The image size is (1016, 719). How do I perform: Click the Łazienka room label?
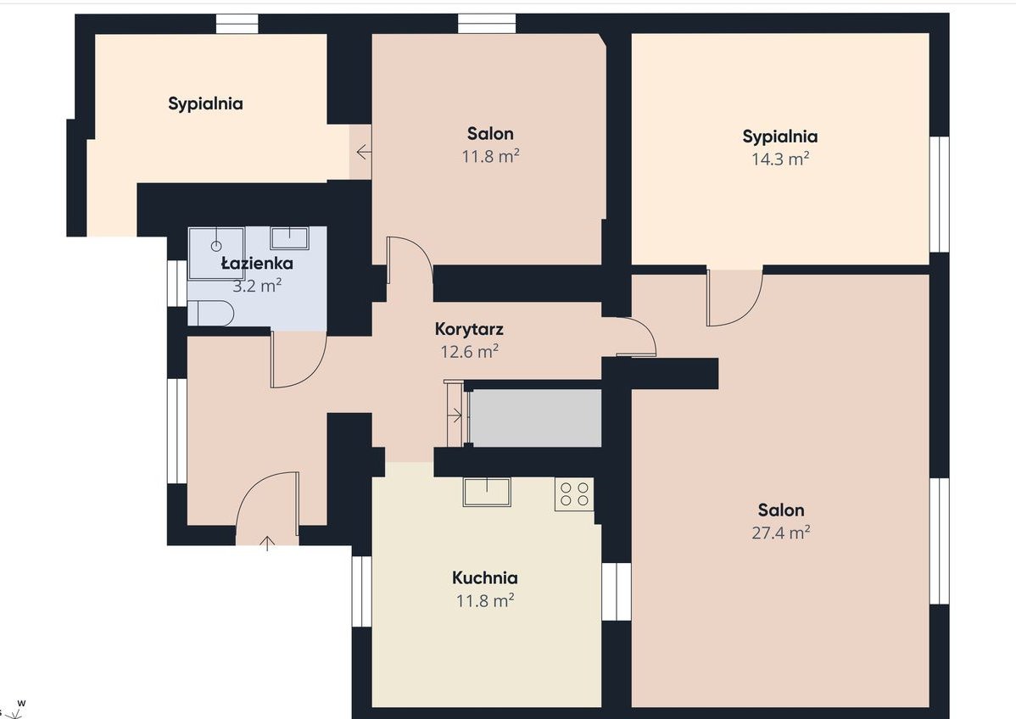pyautogui.click(x=257, y=264)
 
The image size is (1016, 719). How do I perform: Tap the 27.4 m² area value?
pyautogui.click(x=781, y=532)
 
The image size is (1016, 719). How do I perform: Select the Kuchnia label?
pyautogui.click(x=484, y=577)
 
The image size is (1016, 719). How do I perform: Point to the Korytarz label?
pyautogui.click(x=469, y=329)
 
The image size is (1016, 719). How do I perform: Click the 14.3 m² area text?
pyautogui.click(x=780, y=159)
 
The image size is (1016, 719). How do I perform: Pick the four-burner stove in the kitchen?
pyautogui.click(x=574, y=494)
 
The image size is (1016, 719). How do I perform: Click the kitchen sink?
pyautogui.click(x=487, y=492)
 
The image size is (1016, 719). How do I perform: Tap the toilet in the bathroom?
pyautogui.click(x=210, y=313)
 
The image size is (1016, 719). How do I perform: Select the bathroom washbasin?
pyautogui.click(x=289, y=237)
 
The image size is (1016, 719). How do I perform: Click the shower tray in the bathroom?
pyautogui.click(x=216, y=253)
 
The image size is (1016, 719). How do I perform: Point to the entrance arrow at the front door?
pyautogui.click(x=267, y=543)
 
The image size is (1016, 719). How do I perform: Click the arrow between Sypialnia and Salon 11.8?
pyautogui.click(x=364, y=153)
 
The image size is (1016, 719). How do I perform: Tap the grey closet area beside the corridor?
pyautogui.click(x=536, y=418)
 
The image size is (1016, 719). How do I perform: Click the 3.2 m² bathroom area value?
pyautogui.click(x=257, y=286)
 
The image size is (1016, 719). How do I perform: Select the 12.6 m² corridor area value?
pyautogui.click(x=469, y=352)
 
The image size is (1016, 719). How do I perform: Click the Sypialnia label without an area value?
pyautogui.click(x=205, y=103)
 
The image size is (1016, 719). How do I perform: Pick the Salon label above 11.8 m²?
pyautogui.click(x=490, y=134)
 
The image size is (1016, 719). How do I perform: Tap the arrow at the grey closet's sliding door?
pyautogui.click(x=456, y=415)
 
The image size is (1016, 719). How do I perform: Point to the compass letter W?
pyautogui.click(x=21, y=703)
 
